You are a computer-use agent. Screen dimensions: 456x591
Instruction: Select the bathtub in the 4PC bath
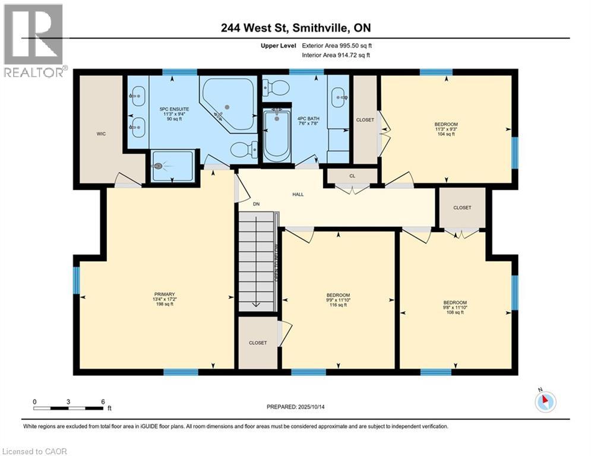[x=276, y=135]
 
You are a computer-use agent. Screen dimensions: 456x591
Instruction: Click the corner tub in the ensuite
[x=228, y=104]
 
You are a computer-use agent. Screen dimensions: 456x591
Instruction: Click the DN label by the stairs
[x=257, y=204]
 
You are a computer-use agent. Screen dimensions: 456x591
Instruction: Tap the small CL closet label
[x=352, y=176]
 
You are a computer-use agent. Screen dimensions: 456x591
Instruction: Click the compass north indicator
[x=545, y=402]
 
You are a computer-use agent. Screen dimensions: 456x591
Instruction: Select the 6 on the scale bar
[x=103, y=401]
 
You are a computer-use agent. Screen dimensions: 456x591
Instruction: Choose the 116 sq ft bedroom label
[x=338, y=300]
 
